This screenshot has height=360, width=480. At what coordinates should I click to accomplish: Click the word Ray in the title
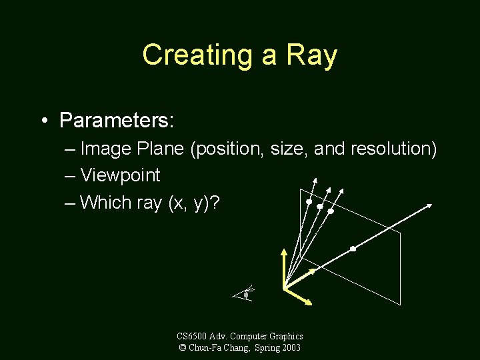(310, 55)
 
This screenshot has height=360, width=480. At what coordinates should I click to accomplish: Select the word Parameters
(117, 120)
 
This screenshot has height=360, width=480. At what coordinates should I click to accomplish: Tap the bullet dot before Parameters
(43, 121)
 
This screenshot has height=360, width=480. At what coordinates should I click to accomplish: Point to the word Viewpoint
(120, 175)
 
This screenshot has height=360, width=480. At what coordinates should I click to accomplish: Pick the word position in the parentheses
(227, 149)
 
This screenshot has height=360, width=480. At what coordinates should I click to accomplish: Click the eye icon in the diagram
(246, 293)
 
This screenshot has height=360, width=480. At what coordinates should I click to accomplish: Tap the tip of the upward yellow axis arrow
(285, 251)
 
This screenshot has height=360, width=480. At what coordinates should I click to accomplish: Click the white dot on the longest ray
(353, 249)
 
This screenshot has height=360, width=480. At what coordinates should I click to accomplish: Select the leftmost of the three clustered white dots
(309, 201)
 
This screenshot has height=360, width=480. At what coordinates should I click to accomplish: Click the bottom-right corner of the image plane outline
(401, 305)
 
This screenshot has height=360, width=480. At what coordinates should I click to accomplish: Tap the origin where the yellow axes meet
(285, 287)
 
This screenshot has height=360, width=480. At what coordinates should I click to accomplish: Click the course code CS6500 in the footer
(191, 337)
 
